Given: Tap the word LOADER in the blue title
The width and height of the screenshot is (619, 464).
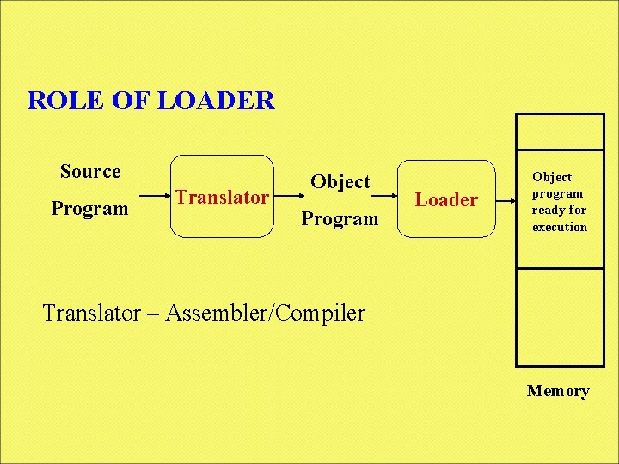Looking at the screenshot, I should tap(218, 101).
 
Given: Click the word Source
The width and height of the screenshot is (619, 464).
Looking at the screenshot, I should tap(90, 172).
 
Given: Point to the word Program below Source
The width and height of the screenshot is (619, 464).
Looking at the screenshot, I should tap(89, 209).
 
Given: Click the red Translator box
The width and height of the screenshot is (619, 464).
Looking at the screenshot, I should tap(222, 197).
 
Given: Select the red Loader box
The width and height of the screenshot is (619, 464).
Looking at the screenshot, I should tap(446, 199).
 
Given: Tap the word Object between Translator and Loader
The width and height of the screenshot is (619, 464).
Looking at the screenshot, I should tap(340, 181).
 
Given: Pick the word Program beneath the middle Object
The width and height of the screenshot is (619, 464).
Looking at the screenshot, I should tap(340, 219).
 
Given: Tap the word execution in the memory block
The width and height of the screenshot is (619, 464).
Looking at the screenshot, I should tap(560, 228).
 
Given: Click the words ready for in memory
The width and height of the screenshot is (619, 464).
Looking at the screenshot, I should tap(559, 211).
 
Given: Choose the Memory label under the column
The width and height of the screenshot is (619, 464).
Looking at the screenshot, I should tap(558, 392).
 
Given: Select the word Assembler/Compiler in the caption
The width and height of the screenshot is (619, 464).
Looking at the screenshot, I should tap(266, 313).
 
